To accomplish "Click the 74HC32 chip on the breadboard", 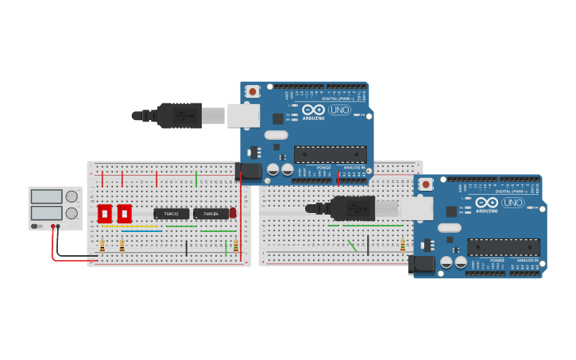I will pos(171,214).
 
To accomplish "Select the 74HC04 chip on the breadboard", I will pos(211,214).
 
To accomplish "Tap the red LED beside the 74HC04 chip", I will pos(233,213).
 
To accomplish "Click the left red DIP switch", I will pos(104,214).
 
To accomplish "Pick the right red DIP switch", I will pos(124,214).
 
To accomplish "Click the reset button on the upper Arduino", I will pos(253,91).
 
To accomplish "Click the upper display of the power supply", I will pos(46,196).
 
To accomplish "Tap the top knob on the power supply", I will pos(72,195).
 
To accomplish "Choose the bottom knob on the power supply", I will pos(72,213).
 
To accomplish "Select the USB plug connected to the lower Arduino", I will pos(353,208).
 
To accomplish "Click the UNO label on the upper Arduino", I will pos(339,110).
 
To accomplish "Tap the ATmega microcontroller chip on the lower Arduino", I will pos(503,247).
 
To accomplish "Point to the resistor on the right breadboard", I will pos(403,245).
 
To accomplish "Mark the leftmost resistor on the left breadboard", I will pos(102,246).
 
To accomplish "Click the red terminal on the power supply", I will pos(53,227).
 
